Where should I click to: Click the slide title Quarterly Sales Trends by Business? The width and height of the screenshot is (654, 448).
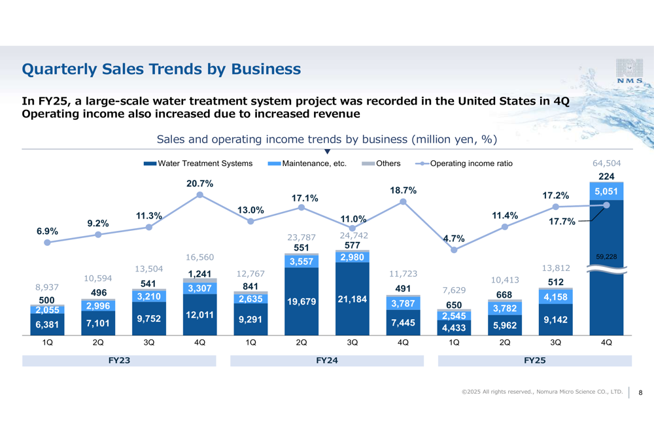(x=162, y=69)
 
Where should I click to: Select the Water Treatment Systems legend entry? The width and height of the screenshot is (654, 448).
(x=198, y=164)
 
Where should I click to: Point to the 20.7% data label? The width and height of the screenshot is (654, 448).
(x=199, y=184)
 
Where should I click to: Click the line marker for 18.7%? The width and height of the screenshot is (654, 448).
(x=403, y=201)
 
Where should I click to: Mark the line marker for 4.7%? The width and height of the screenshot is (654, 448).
(x=454, y=249)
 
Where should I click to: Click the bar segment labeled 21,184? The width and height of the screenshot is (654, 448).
(x=352, y=299)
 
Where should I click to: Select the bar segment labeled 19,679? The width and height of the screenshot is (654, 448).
(x=301, y=302)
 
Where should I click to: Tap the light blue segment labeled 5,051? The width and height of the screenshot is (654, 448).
(x=606, y=190)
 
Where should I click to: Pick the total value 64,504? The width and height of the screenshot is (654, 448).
(x=606, y=164)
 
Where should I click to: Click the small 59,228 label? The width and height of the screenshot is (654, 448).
(x=606, y=257)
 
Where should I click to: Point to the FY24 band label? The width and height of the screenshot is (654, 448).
(x=327, y=360)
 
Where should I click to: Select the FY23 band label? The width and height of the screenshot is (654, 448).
(x=119, y=360)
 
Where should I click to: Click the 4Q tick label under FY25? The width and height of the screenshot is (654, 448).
(x=606, y=342)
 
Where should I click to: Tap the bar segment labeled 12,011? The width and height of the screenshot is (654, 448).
(x=199, y=315)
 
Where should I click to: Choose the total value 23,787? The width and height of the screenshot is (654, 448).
(x=301, y=237)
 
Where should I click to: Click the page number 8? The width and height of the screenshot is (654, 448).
(x=640, y=392)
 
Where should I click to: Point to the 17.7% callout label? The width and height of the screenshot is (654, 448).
(x=563, y=222)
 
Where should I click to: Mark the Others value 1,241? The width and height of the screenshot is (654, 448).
(x=199, y=274)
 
